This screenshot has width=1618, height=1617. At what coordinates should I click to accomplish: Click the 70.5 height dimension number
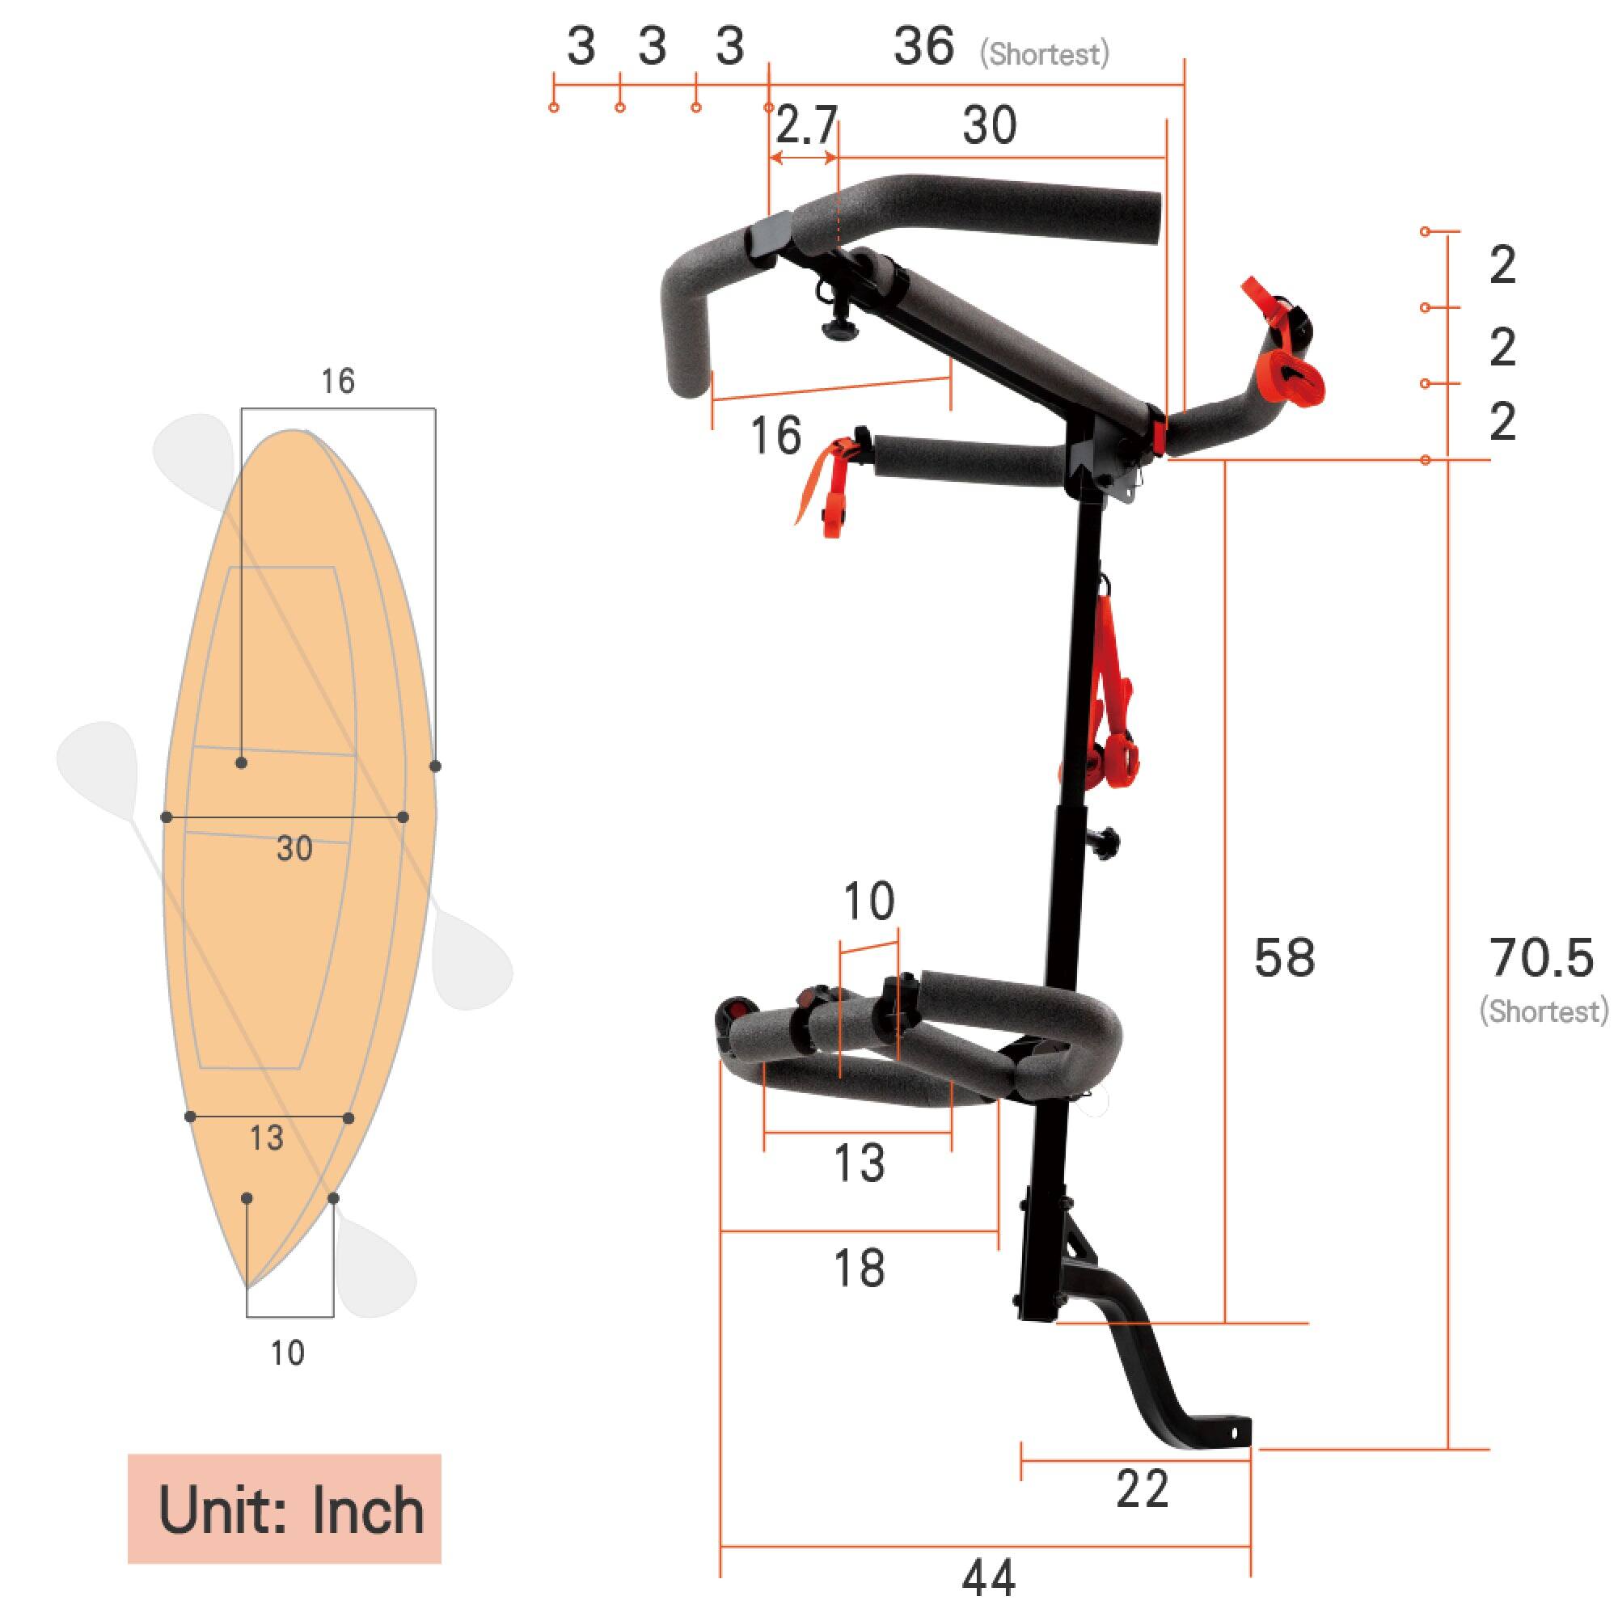point(1540,958)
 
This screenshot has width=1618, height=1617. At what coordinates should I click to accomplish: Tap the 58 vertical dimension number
point(1284,958)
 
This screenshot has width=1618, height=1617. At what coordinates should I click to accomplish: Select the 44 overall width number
point(988,1578)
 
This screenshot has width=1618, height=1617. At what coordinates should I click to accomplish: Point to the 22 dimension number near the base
point(1142,1490)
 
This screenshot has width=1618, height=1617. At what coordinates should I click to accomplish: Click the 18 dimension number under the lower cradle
point(860,1268)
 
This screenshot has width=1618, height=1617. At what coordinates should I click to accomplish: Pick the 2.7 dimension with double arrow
point(805,126)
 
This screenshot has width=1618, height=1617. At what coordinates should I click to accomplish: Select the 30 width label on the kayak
point(294,849)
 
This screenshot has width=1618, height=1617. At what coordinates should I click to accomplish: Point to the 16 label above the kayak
point(337,382)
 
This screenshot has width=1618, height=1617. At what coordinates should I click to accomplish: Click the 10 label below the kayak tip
point(287,1353)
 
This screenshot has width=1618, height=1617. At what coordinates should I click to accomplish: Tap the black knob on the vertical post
point(1107,840)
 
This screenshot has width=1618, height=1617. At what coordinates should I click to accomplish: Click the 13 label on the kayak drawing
point(266,1138)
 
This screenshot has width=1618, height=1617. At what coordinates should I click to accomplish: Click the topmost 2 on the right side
point(1502,266)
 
